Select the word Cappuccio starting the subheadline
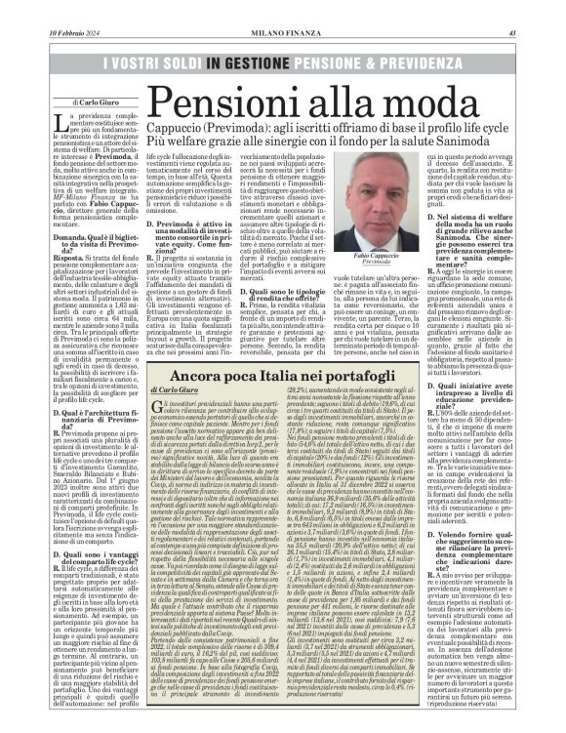177,140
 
